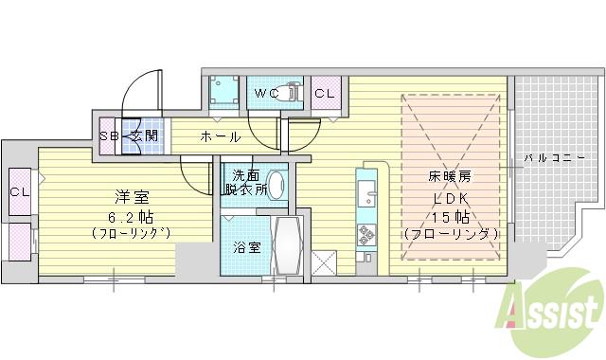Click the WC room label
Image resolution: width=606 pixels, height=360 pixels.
[264, 94]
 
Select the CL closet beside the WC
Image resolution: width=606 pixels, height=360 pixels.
[324, 94]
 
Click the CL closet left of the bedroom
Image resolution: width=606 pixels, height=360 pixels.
[18, 191]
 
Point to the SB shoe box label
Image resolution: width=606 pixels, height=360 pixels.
[111, 135]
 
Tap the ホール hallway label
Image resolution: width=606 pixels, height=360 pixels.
[219, 136]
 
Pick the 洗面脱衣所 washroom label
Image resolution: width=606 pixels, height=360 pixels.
[244, 182]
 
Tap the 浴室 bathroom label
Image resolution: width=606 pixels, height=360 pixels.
[245, 248]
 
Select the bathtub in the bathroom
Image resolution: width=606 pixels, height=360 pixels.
[286, 245]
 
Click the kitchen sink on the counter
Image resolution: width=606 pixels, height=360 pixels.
[366, 198]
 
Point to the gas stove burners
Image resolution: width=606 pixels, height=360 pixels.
[365, 235]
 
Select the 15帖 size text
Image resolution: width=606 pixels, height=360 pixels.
[450, 215]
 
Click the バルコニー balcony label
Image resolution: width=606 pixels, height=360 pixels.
[561, 156]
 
